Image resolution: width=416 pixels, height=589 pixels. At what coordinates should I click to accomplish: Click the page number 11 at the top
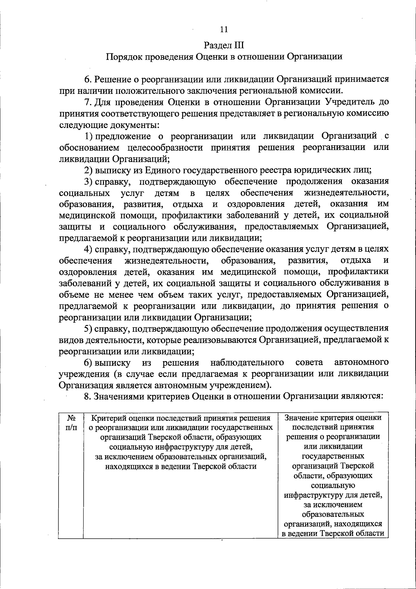pos(224,29)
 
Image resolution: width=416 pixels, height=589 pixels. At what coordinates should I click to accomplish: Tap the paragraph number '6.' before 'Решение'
pos(88,79)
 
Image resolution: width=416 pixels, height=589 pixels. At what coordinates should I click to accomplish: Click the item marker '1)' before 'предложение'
pos(89,136)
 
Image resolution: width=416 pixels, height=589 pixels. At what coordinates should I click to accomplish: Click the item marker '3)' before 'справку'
pos(89,182)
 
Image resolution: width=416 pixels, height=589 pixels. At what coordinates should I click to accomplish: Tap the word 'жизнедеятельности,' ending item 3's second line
pos(346,193)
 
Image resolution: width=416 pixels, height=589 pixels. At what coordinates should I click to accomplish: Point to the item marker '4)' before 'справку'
pos(89,249)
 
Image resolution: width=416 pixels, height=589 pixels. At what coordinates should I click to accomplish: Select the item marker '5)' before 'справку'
pos(89,328)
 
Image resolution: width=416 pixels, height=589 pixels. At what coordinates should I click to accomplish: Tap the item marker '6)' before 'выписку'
pos(89,362)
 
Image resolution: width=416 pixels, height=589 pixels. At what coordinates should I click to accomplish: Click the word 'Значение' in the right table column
pos(301,418)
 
